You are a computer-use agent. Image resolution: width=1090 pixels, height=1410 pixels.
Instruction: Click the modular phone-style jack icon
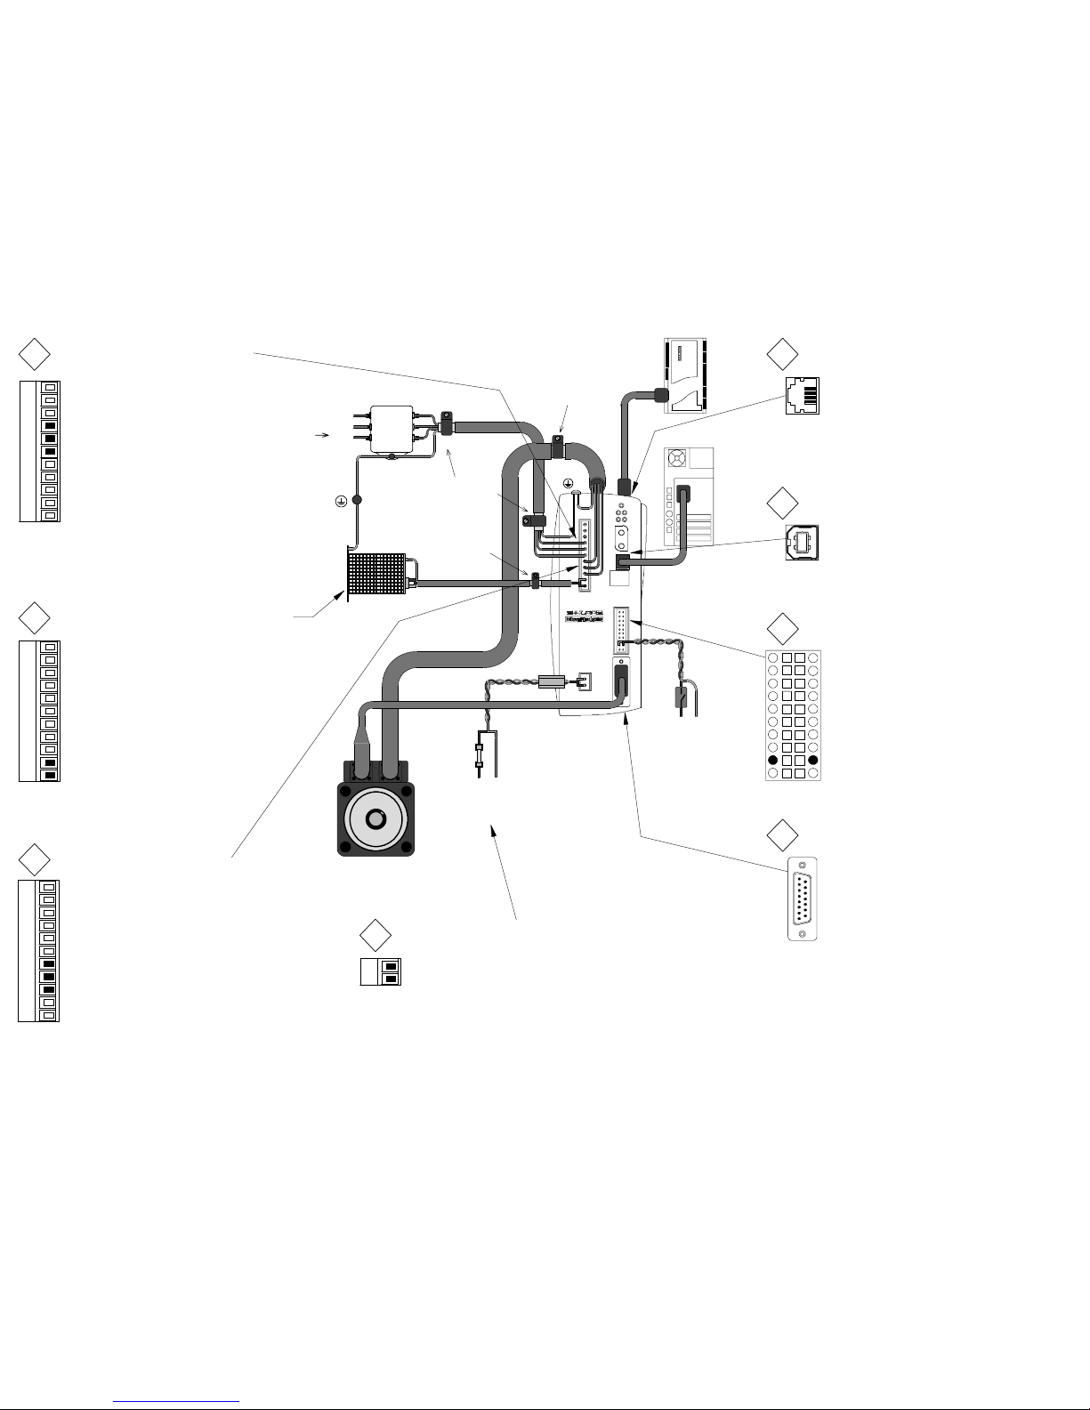pos(803,397)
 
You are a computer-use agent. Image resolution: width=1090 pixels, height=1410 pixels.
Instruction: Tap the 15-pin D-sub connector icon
pos(803,899)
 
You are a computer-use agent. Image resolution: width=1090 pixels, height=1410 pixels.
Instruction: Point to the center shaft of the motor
pos(377,818)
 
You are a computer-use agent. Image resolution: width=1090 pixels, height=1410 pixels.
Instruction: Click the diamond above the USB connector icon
pos(782,502)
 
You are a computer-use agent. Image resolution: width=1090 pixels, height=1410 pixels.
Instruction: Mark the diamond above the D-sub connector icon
pos(782,834)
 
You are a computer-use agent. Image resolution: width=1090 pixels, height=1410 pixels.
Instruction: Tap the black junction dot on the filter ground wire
pos(358,500)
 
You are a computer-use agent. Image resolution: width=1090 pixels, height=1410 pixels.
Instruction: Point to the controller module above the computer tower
pos(685,375)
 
